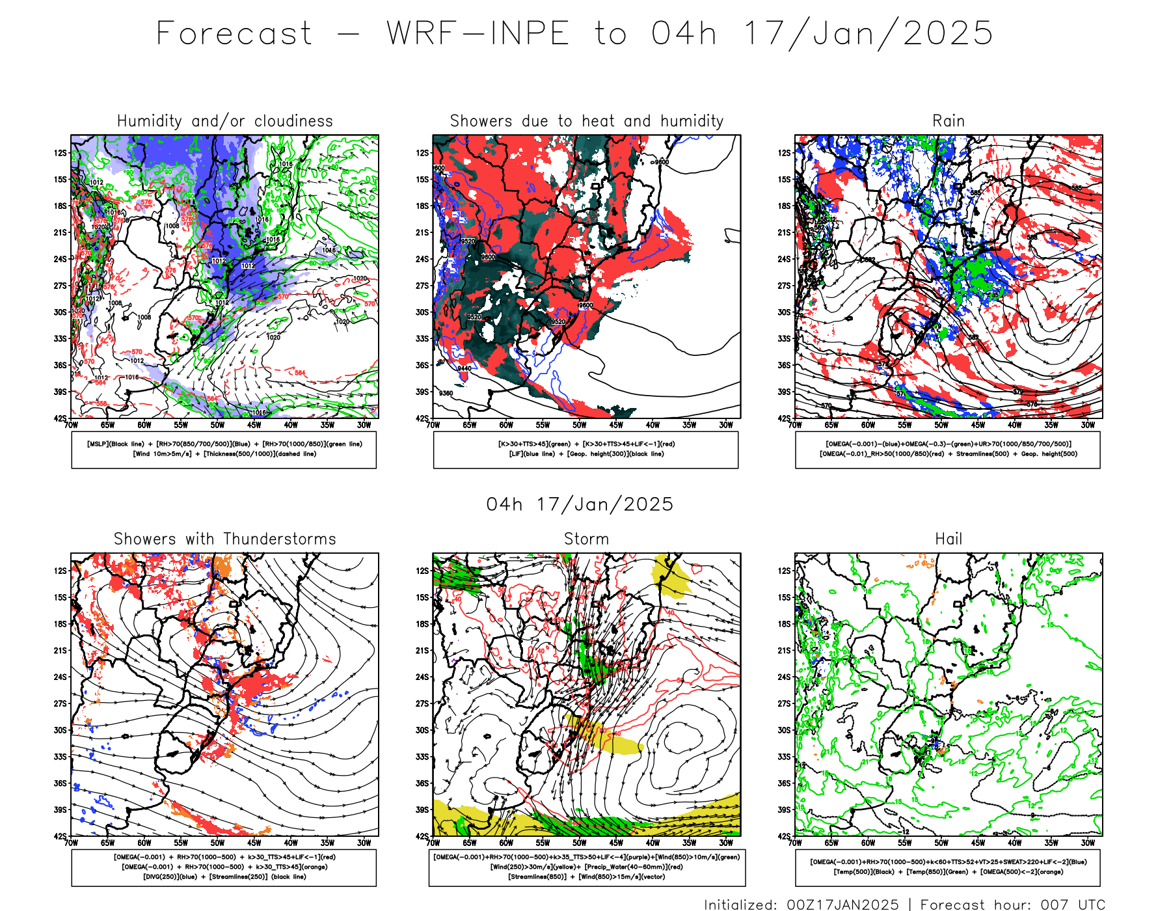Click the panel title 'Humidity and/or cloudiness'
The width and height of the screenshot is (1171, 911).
click(224, 121)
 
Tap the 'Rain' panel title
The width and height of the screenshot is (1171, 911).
click(948, 121)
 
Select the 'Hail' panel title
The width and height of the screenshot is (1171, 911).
click(948, 539)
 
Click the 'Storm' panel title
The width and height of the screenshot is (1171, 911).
click(586, 539)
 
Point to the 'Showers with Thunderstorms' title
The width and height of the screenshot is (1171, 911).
click(224, 539)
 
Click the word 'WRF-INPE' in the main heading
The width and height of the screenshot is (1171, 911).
click(478, 33)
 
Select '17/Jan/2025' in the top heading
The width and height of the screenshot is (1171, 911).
click(868, 33)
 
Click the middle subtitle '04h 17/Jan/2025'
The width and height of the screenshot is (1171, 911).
click(580, 504)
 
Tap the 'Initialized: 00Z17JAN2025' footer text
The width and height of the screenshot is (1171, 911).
click(801, 904)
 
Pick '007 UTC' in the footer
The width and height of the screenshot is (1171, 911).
click(1077, 904)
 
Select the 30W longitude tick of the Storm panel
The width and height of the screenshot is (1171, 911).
click(726, 843)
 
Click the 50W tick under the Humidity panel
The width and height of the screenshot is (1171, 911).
click(217, 425)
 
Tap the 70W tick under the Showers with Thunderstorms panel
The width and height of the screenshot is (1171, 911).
click(72, 843)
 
